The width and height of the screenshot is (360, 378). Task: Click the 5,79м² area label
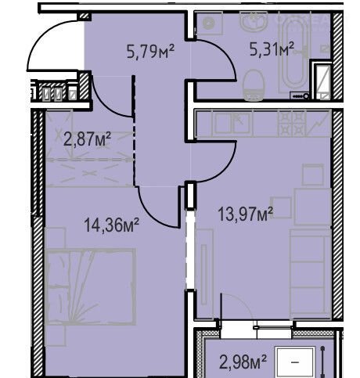[x=150, y=51]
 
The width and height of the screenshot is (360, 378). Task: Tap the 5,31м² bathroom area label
[x=272, y=49]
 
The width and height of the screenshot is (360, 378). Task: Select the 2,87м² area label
[x=88, y=139]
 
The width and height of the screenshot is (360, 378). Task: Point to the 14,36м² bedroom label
[x=111, y=225]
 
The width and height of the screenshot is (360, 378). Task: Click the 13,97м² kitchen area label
[x=245, y=214]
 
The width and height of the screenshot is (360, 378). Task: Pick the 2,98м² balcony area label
[x=243, y=362]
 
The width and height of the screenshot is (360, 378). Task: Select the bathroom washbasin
[x=254, y=22]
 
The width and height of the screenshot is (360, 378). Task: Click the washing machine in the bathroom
[x=209, y=23]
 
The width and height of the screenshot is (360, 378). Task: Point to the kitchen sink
[x=232, y=123]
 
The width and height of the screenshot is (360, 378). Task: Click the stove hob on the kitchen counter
[x=292, y=123]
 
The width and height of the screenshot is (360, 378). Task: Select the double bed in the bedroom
[x=90, y=287]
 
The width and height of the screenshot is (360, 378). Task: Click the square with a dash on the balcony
[x=295, y=362]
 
